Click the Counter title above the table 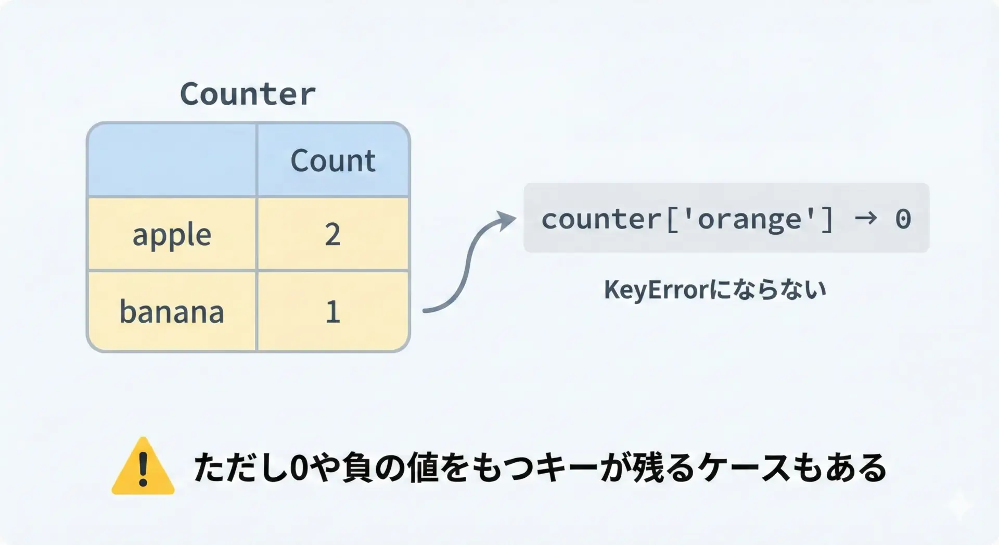(x=248, y=94)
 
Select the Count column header (x=333, y=160)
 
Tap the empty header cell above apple (x=172, y=160)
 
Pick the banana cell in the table (x=172, y=311)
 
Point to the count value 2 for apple (x=332, y=234)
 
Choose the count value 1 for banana (x=333, y=312)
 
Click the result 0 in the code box (x=903, y=219)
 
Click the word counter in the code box (x=601, y=219)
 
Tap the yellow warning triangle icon (x=143, y=466)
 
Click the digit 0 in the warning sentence (x=299, y=467)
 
